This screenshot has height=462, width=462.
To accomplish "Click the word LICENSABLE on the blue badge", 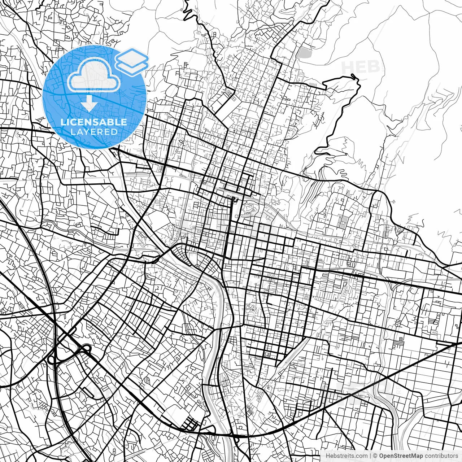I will [94, 122].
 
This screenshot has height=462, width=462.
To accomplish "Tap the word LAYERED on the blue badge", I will [94, 132].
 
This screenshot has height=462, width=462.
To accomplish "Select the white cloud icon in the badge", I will [94, 75].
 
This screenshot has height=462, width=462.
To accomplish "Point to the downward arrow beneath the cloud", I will [89, 104].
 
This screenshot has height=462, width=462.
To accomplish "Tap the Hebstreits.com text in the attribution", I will [346, 456].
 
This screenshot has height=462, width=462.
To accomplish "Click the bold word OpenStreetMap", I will [401, 456].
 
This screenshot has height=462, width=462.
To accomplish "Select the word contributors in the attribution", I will [441, 456].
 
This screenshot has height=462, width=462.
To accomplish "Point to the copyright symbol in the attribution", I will [375, 456].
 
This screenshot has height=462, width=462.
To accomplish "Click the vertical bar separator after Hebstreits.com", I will [371, 456].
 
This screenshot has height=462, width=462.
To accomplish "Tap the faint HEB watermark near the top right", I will [360, 67].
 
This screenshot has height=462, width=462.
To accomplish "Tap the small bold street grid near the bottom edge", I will [190, 424].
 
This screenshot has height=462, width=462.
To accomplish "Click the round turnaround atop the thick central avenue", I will [234, 199].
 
